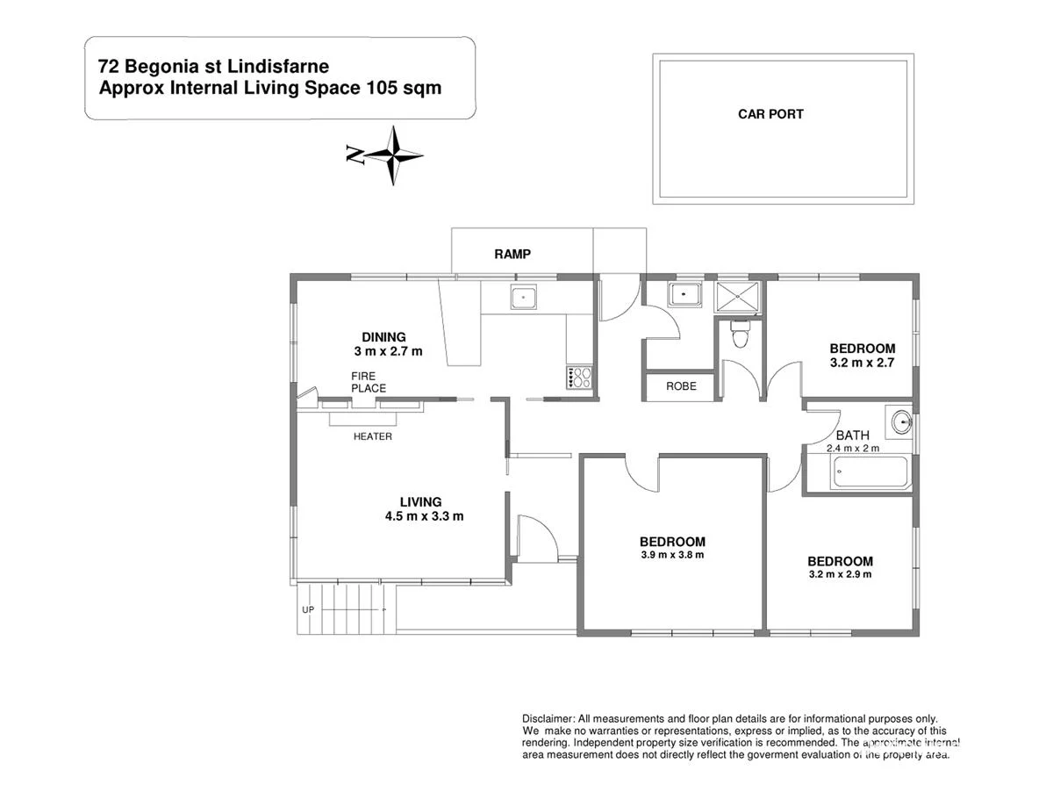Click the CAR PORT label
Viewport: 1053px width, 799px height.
click(x=770, y=114)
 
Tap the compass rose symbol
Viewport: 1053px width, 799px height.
click(x=394, y=155)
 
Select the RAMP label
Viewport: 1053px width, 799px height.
click(x=512, y=254)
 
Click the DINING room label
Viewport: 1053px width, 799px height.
click(x=383, y=337)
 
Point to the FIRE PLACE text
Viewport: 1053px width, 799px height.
click(x=368, y=382)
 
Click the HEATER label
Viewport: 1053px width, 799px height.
click(x=372, y=436)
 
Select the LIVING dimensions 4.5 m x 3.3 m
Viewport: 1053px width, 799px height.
click(x=424, y=516)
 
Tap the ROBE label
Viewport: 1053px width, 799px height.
click(x=681, y=385)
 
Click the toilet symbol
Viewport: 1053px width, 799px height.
click(x=741, y=335)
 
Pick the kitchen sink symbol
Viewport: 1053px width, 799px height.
click(x=523, y=298)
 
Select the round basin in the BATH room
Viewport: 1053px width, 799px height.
click(x=899, y=423)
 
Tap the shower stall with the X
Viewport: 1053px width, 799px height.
click(x=740, y=296)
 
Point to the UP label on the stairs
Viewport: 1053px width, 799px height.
click(x=308, y=609)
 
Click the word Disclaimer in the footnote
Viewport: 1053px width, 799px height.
click(x=548, y=718)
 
